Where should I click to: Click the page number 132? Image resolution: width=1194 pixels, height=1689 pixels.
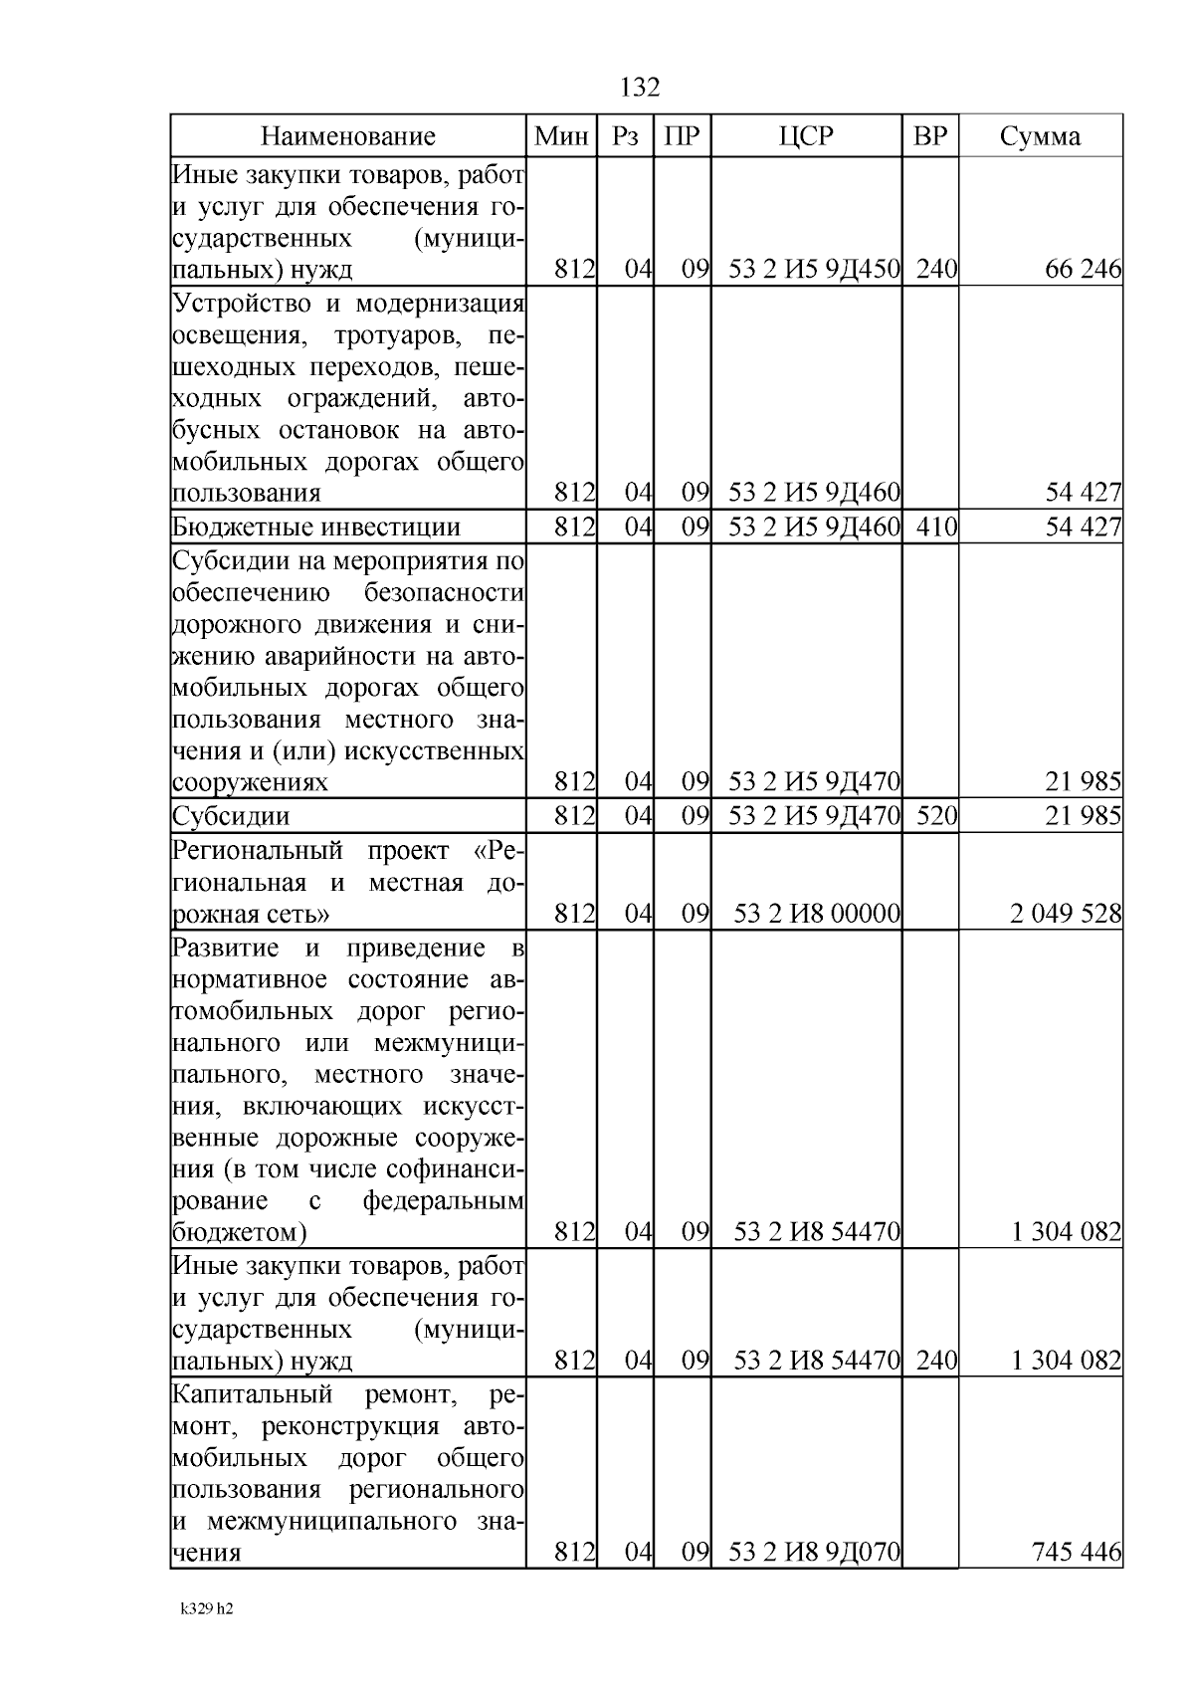coord(640,88)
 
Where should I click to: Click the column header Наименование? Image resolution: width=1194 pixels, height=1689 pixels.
coord(348,136)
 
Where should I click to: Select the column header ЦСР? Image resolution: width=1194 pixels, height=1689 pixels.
coord(806,136)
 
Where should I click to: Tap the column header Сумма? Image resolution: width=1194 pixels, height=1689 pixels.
coord(1040,136)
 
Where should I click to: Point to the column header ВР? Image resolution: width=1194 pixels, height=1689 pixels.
coord(930,136)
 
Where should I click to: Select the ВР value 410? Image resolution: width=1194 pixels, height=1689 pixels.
coord(935,527)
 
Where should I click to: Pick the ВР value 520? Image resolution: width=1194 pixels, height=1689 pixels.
coord(935,816)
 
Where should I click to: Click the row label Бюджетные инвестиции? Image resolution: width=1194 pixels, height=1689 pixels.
coord(316,527)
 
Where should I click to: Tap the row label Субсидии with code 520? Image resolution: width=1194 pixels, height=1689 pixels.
coord(231,816)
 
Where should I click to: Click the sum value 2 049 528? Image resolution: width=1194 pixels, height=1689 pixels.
coord(1066,913)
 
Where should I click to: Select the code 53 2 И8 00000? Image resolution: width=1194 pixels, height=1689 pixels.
coord(816,913)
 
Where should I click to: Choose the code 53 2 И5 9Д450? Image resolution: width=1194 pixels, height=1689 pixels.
coord(814,269)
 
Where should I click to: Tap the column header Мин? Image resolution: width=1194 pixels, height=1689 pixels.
coord(561,136)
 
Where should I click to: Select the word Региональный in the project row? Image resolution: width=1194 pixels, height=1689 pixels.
coord(257,851)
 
